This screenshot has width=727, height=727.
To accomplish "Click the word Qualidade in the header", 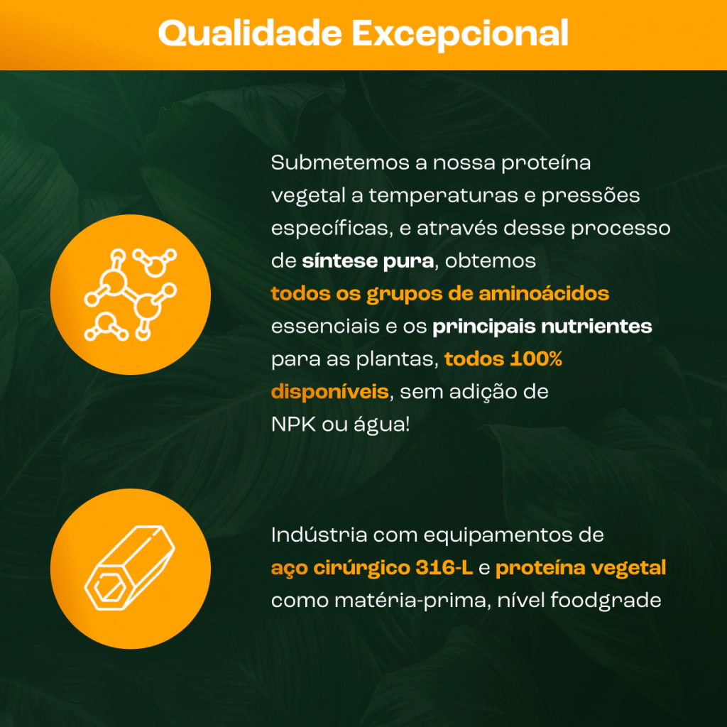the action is tap(250, 33).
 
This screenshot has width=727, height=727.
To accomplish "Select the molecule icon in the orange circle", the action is tap(131, 295).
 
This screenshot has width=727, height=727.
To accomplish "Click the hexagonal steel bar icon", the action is tap(130, 568).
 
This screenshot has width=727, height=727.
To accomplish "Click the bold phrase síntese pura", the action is tap(368, 261).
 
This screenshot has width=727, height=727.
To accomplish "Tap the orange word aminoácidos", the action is tap(544, 293).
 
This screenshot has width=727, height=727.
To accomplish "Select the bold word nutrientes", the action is tap(596, 327).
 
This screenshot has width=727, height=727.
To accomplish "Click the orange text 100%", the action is tap(536, 359).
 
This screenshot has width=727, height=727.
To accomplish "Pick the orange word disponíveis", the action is tap(329, 392).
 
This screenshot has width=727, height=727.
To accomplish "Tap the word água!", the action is tap(382, 425).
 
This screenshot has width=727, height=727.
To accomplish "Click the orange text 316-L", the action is tap(444, 567).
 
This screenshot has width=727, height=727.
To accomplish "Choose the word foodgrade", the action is tap(606, 601).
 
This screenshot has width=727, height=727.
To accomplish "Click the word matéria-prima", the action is tap(412, 601).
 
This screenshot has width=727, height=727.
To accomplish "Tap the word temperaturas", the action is tap(443, 196).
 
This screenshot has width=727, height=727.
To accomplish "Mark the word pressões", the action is tap(591, 195).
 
